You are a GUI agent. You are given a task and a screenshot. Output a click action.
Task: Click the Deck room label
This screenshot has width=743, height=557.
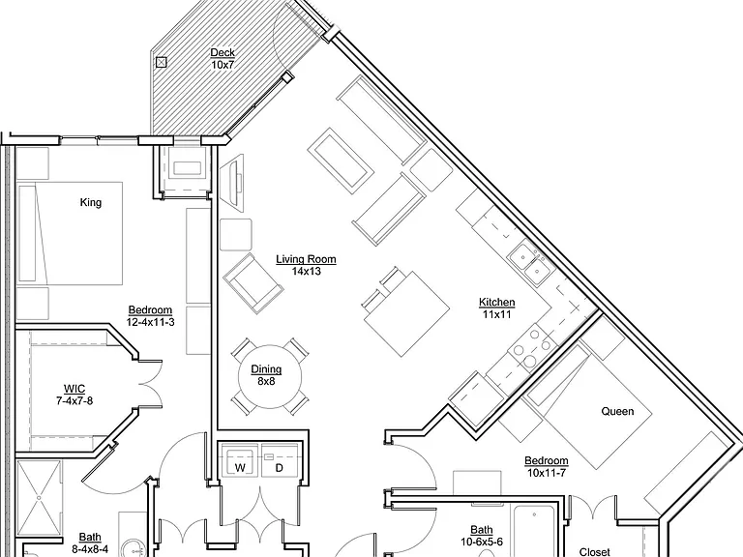pyautogui.click(x=223, y=52)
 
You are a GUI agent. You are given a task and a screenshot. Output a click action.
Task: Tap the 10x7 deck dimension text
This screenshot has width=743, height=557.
pyautogui.click(x=223, y=65)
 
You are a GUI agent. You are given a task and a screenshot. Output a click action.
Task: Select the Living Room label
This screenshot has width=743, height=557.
pyautogui.click(x=306, y=259)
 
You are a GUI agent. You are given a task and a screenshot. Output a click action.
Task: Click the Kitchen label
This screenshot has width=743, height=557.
pyautogui.click(x=496, y=302)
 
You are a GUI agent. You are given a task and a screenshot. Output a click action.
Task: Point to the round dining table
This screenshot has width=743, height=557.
pyautogui.click(x=270, y=376)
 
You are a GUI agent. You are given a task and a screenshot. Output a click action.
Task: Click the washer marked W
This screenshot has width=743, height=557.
pyautogui.click(x=240, y=460)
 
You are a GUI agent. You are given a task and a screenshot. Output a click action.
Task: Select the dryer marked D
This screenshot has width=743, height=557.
pyautogui.click(x=280, y=460)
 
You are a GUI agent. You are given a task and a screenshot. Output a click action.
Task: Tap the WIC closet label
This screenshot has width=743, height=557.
pyautogui.click(x=74, y=389)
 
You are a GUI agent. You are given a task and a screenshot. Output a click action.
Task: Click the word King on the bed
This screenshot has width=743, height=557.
pyautogui.click(x=91, y=203)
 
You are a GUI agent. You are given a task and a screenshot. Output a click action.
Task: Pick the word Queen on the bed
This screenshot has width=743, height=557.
pyautogui.click(x=617, y=411)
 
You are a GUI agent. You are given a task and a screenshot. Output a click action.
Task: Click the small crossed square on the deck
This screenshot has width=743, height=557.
pyautogui.click(x=162, y=62)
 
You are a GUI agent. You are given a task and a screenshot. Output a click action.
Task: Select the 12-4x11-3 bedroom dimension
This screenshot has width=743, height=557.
pyautogui.click(x=150, y=322)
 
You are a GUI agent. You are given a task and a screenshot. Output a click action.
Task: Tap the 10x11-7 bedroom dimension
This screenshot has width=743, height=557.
pyautogui.click(x=547, y=473)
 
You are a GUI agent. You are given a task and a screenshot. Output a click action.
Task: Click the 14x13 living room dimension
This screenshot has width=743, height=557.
pyautogui.click(x=306, y=272)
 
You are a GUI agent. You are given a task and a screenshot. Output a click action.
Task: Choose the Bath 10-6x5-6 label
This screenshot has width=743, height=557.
pyautogui.click(x=482, y=536)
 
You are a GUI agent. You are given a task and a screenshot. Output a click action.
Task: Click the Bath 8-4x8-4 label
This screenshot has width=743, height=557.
pyautogui.click(x=90, y=543)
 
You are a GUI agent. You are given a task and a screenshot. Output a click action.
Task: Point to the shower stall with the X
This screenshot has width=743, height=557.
pyautogui.click(x=39, y=498)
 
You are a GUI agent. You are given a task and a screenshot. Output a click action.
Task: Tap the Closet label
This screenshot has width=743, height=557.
pyautogui.click(x=595, y=552)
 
